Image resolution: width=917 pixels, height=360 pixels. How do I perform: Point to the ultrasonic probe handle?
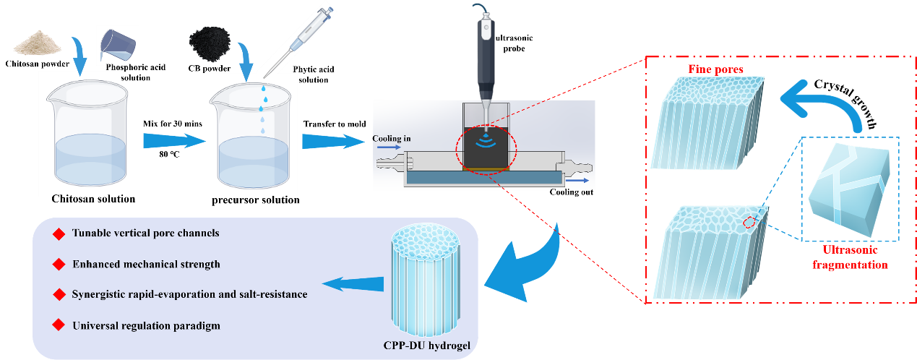(x=485, y=43)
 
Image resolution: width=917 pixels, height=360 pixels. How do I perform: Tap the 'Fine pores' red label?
(x=715, y=69)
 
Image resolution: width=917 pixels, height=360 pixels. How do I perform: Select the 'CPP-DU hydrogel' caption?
(x=427, y=346)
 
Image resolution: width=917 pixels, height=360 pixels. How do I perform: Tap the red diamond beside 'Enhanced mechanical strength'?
(x=59, y=264)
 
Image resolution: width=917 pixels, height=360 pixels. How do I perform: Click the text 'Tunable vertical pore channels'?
(x=145, y=233)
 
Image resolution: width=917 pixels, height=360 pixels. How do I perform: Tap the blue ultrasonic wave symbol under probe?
(x=485, y=136)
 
